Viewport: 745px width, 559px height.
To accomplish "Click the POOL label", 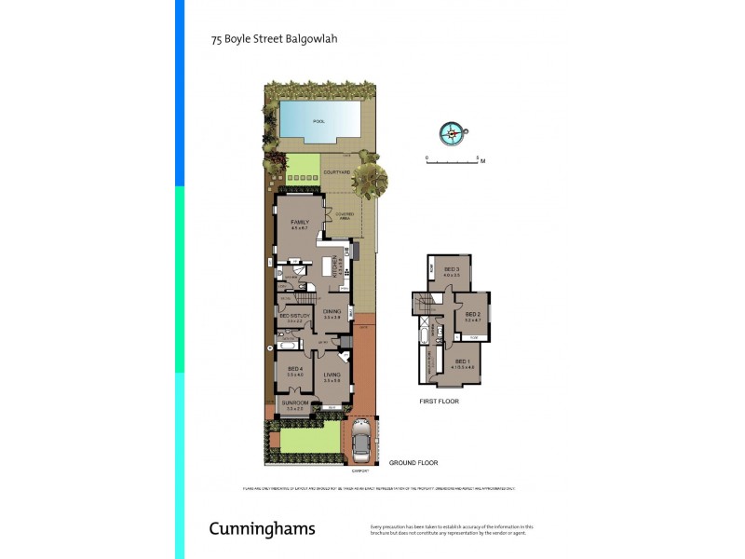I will pos(319,121).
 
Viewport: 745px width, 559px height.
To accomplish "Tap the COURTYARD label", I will pos(336,172).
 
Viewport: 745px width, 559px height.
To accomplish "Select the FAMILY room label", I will pos(299,222).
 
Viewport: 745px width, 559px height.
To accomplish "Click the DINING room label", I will pos(332,312).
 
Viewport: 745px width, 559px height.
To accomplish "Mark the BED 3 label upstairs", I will pos(453,269).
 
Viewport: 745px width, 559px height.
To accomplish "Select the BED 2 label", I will pos(471,314).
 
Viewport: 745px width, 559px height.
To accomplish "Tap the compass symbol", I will pos(453,133).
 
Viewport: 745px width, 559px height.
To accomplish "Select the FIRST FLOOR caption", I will pos(439,402).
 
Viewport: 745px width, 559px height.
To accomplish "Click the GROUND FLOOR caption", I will pos(414,462).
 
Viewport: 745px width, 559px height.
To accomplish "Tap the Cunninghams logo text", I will pos(262,529).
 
